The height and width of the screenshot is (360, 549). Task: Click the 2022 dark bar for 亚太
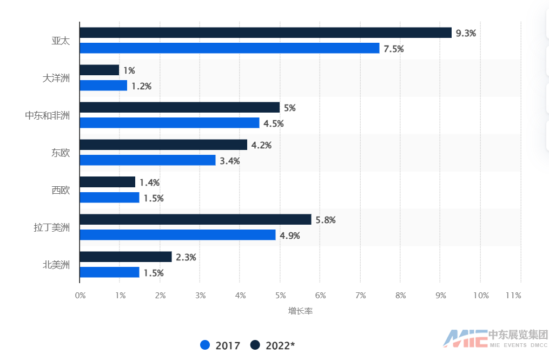266,33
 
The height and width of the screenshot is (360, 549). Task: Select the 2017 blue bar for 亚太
229,49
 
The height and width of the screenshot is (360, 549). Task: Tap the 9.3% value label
466,33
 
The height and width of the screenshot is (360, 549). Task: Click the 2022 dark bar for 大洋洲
100,70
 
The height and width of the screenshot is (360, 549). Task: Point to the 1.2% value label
141,86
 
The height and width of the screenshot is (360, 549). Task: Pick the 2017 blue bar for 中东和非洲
169,123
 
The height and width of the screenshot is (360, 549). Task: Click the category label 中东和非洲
48,115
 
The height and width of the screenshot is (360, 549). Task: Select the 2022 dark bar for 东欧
163,145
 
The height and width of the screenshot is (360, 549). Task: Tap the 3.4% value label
229,161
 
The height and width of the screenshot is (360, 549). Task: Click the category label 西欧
57,190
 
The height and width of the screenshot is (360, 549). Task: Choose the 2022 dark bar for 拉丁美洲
195,220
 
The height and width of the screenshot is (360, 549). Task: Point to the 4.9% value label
289,235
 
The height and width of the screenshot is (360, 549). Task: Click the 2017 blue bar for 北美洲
109,273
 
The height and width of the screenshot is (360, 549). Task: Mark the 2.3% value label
186,258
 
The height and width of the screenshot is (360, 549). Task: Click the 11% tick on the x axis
513,295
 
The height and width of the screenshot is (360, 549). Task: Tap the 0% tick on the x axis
80,295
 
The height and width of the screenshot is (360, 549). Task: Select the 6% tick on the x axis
320,295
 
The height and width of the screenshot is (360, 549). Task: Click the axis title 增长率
300,311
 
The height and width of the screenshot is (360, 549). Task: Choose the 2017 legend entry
220,345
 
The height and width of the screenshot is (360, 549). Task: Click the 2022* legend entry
273,345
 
